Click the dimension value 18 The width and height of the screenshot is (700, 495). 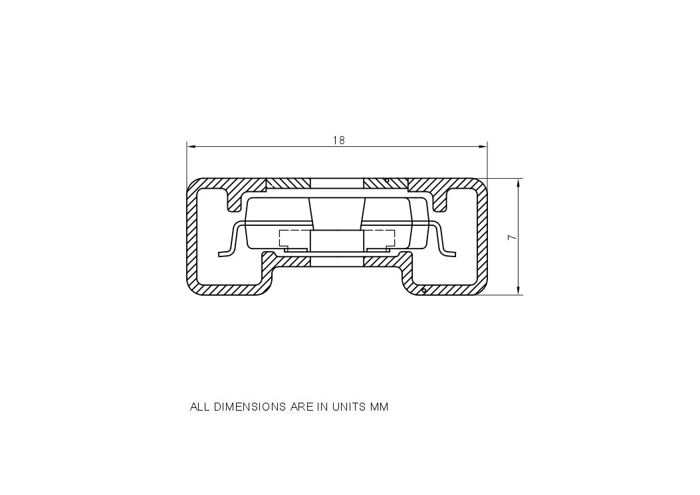click(x=338, y=140)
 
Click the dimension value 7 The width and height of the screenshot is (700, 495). click(x=510, y=237)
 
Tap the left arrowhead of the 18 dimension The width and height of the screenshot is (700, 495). click(x=191, y=146)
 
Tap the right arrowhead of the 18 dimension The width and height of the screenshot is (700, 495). click(x=483, y=146)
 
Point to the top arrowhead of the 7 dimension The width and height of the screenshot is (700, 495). click(x=519, y=183)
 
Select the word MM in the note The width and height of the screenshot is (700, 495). click(x=379, y=407)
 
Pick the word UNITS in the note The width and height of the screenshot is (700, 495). click(x=347, y=407)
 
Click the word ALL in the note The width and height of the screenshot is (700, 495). click(x=200, y=407)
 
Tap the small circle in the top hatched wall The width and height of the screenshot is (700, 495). click(x=387, y=180)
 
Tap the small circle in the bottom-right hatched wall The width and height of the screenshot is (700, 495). click(x=423, y=290)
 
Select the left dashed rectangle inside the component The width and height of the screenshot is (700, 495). click(x=294, y=239)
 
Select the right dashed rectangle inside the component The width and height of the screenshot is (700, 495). click(x=379, y=239)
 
